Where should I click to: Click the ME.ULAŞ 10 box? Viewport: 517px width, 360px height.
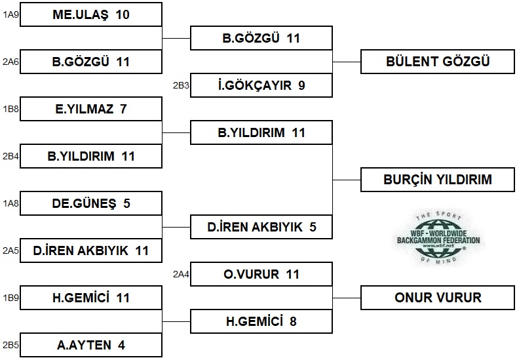coord(91,14)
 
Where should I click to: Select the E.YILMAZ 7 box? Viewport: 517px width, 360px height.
coord(91,109)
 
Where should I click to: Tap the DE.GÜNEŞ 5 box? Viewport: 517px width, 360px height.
coord(91,203)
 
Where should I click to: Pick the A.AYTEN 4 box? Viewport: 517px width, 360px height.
coord(91,345)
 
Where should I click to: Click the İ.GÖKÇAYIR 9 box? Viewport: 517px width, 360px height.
coord(261,85)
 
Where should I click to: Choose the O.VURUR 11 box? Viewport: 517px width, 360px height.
coord(261,274)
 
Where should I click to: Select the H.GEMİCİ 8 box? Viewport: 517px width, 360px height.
coord(261,321)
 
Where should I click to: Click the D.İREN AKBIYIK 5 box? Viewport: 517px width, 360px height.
coord(261,227)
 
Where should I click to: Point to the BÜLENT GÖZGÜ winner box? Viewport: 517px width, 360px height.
coord(438,62)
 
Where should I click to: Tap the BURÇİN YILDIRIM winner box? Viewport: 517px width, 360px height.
coord(438,179)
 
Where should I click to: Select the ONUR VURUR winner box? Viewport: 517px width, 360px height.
coord(438,298)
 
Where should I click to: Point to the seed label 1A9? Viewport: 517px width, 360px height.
coord(10,14)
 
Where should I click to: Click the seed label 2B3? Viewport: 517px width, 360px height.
coord(180,85)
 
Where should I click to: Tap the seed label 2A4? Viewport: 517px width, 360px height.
coord(180,274)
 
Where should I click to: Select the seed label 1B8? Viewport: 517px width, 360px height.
coord(10,109)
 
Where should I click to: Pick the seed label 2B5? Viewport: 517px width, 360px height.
coord(10,345)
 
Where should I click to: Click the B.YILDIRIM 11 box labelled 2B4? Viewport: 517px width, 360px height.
coord(91,156)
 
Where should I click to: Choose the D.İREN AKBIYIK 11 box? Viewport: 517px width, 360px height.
coord(91,250)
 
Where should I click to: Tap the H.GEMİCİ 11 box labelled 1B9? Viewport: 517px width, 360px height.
coord(91,298)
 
